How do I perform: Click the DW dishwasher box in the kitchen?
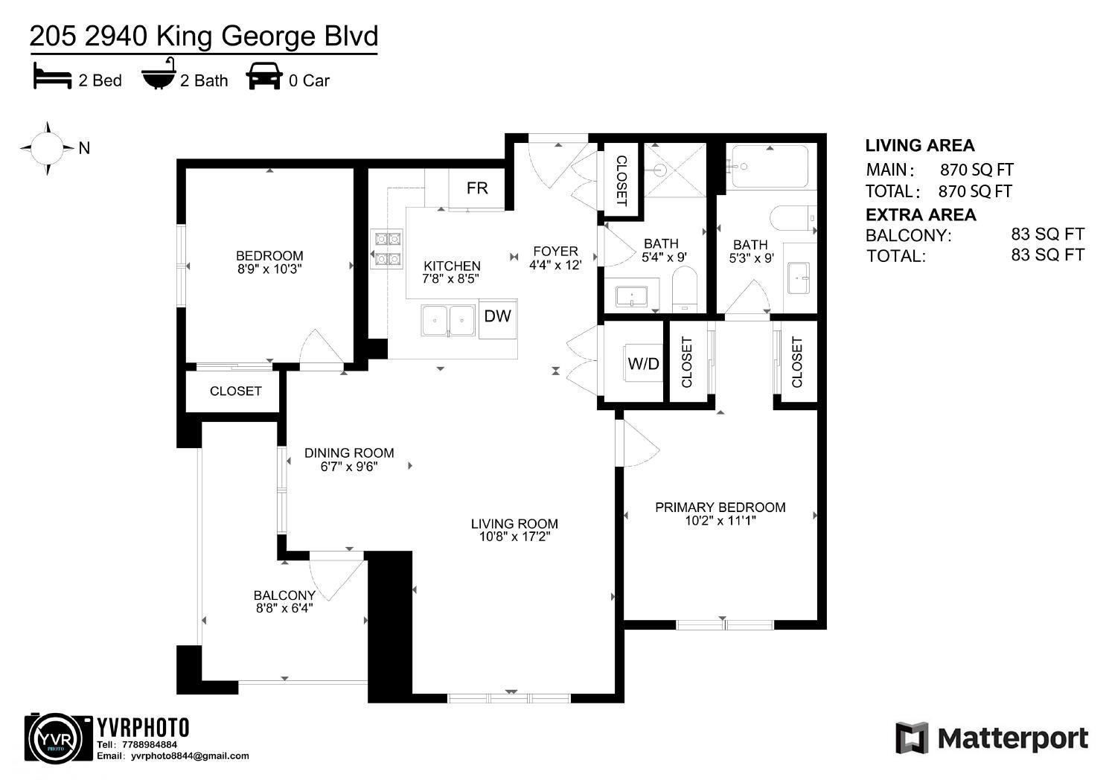coord(497,316)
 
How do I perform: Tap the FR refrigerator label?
coord(477,188)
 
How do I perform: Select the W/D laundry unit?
coord(643,363)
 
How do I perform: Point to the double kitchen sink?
coord(448,321)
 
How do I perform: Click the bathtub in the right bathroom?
coord(769,167)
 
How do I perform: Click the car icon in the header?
coord(264,76)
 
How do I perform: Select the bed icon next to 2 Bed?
coord(52,77)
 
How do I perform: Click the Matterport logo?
coord(991,738)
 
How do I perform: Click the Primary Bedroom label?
coord(720,508)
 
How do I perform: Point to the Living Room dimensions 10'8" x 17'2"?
coord(514,537)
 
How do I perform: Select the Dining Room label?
coord(349,453)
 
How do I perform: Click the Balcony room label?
coord(284,595)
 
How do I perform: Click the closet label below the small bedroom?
coord(235,391)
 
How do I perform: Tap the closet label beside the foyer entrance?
coord(621,181)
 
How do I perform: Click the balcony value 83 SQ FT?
coord(1047,234)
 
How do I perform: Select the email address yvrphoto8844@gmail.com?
coord(190,756)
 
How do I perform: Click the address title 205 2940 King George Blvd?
coord(203,36)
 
